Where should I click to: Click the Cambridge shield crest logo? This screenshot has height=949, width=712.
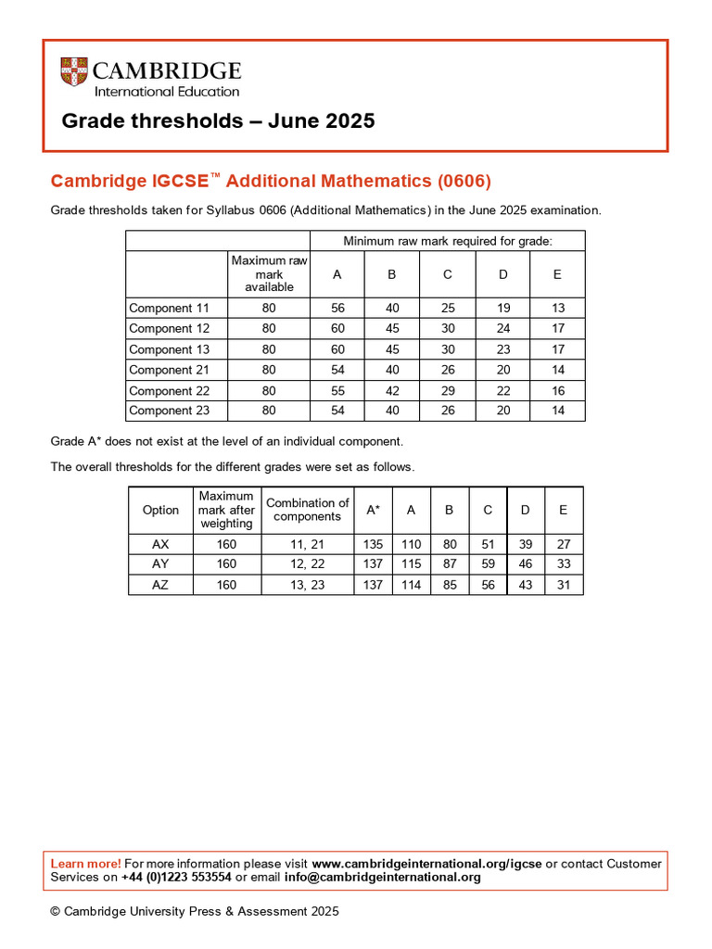(74, 72)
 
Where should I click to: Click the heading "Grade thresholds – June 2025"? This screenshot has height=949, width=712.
(218, 121)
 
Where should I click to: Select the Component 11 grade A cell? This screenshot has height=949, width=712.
(337, 308)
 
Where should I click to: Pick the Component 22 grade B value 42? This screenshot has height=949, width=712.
(392, 391)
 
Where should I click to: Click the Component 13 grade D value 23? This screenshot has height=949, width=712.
(502, 349)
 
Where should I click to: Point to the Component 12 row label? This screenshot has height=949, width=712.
(170, 329)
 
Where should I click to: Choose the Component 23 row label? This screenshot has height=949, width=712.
(170, 411)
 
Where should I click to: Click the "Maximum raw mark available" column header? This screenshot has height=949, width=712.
(269, 273)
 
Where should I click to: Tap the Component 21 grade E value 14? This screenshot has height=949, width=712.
(558, 370)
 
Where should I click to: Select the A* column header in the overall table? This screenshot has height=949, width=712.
(373, 511)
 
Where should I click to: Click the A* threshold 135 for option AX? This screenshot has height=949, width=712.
(373, 545)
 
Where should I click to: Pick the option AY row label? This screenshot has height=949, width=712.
(160, 564)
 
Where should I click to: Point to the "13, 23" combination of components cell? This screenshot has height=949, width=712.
(307, 585)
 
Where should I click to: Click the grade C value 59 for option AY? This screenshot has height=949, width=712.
(488, 564)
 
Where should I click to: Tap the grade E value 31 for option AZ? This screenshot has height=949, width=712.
(564, 585)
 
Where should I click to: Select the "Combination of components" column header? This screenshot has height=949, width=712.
(307, 510)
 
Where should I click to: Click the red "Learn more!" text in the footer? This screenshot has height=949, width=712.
(85, 864)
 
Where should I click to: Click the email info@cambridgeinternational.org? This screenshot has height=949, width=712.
(382, 878)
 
